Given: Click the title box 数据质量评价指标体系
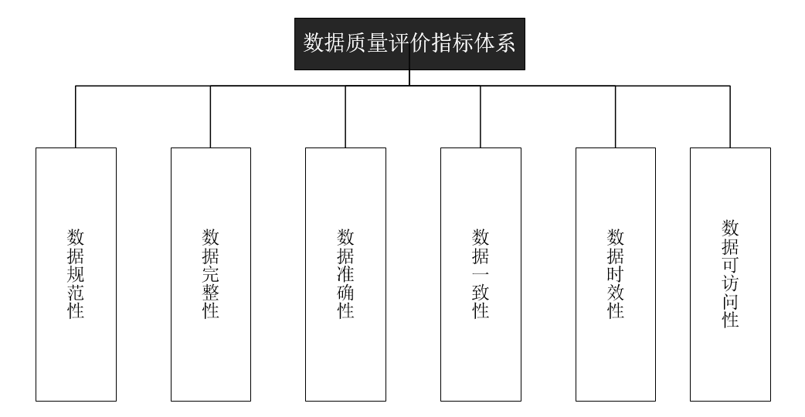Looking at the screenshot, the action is coord(409,44).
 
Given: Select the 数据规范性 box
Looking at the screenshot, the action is coord(76,274).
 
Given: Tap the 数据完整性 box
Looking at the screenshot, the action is coord(211,274).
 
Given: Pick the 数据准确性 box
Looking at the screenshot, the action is coord(345,274).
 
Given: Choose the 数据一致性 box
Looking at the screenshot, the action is coord(481,274).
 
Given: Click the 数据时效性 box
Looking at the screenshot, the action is coord(616,274).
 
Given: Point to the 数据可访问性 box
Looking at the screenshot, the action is coord(730,274).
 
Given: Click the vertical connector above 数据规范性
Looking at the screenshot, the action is coord(76,117).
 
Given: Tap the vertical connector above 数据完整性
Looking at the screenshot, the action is coord(210,117).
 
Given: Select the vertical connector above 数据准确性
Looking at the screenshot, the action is coord(345,117).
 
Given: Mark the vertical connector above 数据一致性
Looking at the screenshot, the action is coord(481,117).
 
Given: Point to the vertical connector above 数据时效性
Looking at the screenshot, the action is coord(616,117).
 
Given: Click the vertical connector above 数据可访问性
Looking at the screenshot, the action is coord(730,117).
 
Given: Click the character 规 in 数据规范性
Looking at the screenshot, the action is coord(76,274).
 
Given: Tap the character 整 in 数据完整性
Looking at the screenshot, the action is coord(210,293).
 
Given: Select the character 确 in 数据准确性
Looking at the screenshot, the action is coord(345,293).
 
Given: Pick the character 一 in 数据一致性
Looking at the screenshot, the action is coord(481,274).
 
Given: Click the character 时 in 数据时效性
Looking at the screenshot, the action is coord(616,274).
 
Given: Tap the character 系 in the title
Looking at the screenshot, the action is coord(504,42).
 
